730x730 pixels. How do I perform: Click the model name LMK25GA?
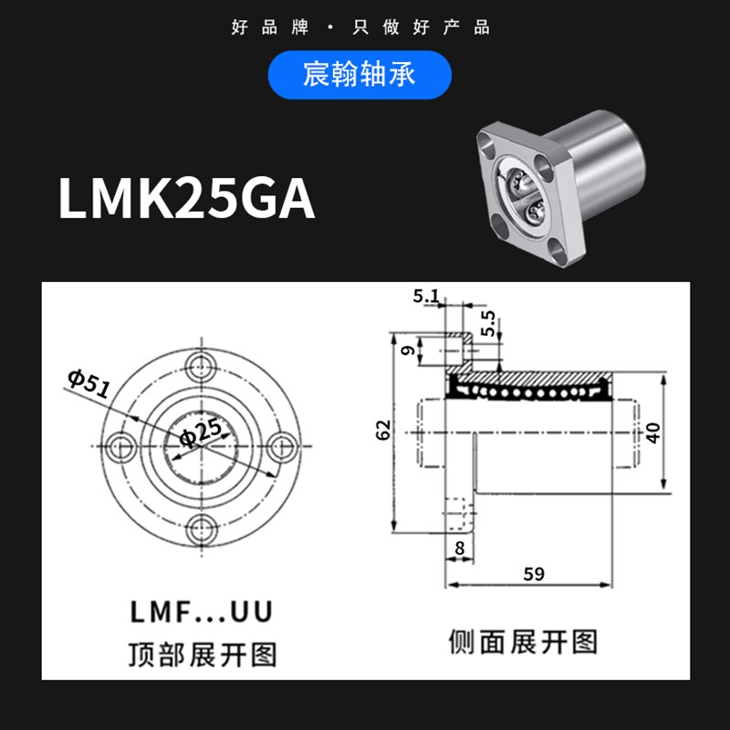pyautogui.click(x=187, y=198)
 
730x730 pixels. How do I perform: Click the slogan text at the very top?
pyautogui.click(x=361, y=26)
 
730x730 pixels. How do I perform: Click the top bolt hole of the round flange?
pyautogui.click(x=200, y=369)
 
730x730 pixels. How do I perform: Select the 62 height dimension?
pyautogui.click(x=383, y=430)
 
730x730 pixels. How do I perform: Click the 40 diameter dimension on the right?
pyautogui.click(x=653, y=431)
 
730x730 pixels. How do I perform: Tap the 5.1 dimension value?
pyautogui.click(x=426, y=296)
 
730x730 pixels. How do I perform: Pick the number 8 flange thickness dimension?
pyautogui.click(x=458, y=549)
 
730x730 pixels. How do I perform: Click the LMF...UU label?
pyautogui.click(x=201, y=612)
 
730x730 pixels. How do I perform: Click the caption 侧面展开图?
pyautogui.click(x=523, y=641)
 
